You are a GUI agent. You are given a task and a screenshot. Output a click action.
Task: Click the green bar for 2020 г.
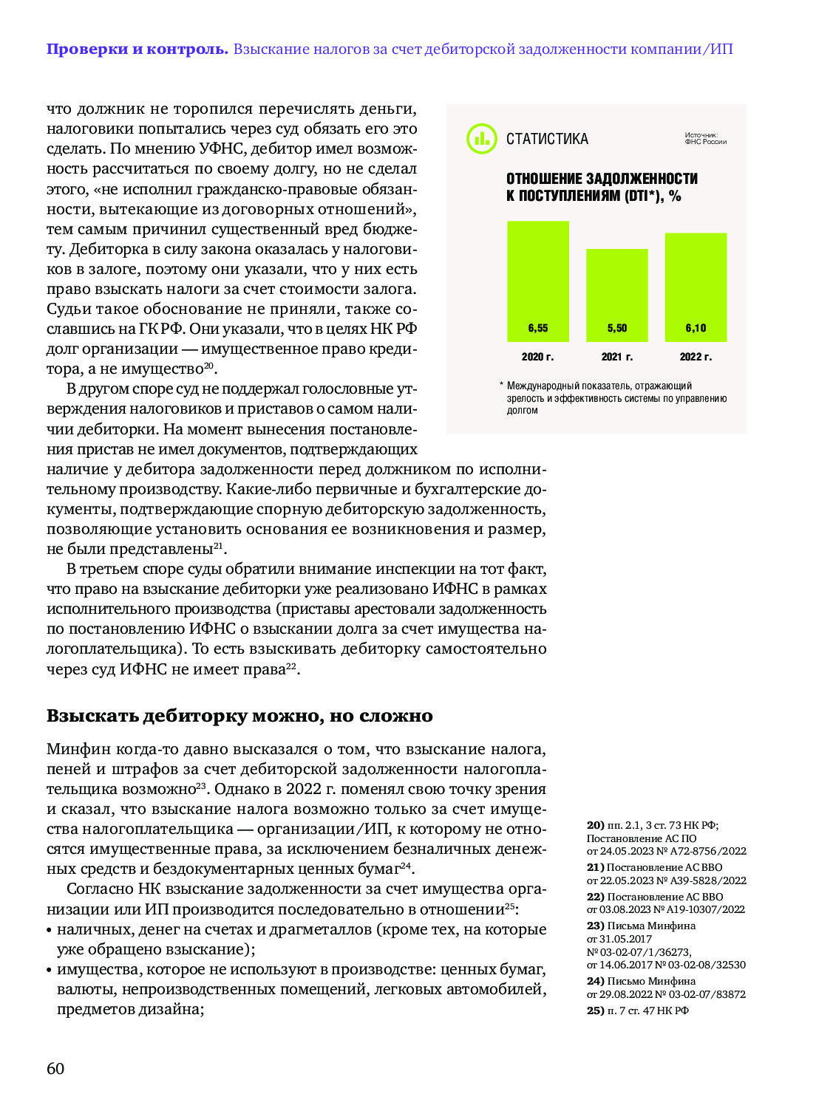pos(537,281)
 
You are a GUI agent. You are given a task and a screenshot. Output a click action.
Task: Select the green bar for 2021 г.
pos(616,295)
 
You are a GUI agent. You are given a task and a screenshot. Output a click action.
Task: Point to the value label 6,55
pos(537,328)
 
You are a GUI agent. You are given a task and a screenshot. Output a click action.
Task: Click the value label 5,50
pos(616,328)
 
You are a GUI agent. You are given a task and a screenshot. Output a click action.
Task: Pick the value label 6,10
pos(696,328)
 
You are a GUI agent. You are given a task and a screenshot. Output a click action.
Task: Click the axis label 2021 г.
pos(616,357)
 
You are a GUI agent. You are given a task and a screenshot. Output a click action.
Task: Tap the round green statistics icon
pos(482,139)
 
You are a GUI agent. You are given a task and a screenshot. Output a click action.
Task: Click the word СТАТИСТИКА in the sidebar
pos(547,139)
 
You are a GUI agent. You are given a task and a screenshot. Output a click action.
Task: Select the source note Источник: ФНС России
pos(705,138)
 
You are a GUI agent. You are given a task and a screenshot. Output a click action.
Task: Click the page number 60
pos(55,1069)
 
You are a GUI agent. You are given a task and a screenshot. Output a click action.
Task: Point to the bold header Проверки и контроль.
pos(137,49)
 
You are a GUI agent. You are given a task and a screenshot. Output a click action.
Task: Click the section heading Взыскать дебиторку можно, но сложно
pos(239,716)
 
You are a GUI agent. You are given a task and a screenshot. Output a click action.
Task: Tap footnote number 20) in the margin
pos(595,825)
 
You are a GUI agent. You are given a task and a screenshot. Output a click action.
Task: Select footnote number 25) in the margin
pos(595,1010)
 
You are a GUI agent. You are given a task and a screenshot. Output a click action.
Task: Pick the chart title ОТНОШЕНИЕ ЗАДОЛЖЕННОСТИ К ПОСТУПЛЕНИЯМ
pos(602,187)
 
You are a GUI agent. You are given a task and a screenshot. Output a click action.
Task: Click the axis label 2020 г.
pos(537,357)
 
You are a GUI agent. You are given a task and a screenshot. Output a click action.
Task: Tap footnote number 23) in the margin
pos(595,926)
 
